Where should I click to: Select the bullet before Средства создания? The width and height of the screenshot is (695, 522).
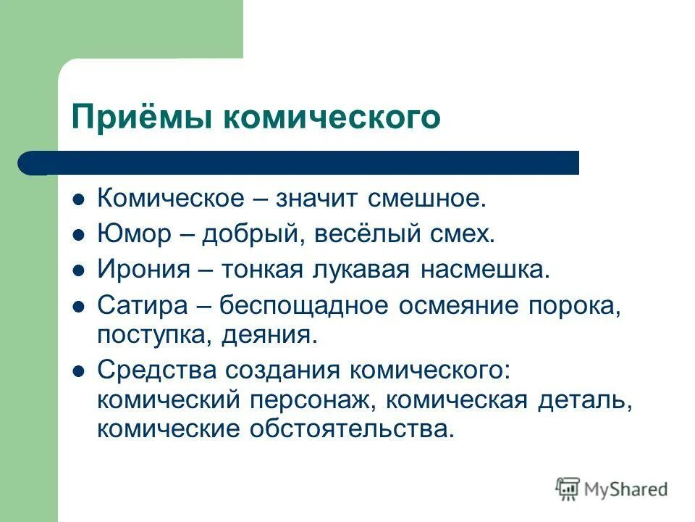[x=80, y=370]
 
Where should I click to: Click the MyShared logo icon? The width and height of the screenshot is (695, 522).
[x=568, y=489]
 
